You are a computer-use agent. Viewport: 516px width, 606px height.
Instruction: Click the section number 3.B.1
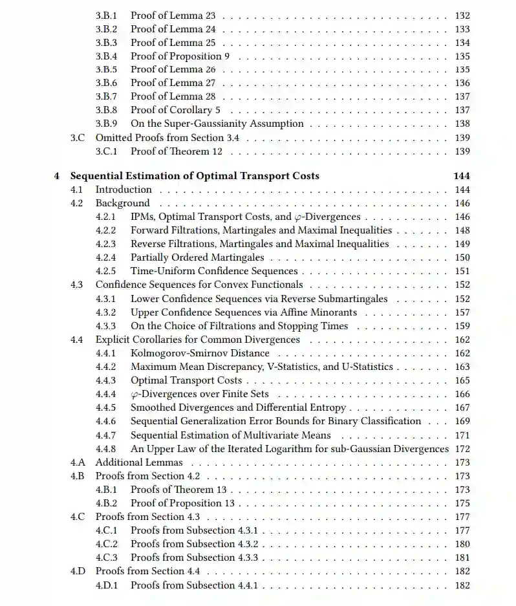click(106, 15)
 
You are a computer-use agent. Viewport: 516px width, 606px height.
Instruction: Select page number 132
click(462, 16)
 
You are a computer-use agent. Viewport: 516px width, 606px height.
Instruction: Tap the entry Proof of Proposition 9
click(180, 56)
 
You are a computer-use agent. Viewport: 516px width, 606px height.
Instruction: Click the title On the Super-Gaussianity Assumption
click(217, 124)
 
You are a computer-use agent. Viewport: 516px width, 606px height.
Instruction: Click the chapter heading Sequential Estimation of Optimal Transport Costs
click(194, 176)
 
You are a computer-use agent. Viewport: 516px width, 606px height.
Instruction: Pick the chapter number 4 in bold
click(57, 176)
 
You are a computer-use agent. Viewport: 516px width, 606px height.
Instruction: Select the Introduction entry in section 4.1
click(124, 189)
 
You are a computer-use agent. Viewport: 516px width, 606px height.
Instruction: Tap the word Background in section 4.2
click(122, 203)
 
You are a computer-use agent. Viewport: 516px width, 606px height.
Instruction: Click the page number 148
click(462, 230)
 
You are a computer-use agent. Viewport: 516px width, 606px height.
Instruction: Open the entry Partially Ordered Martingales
click(197, 257)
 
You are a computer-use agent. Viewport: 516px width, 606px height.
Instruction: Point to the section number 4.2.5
click(106, 271)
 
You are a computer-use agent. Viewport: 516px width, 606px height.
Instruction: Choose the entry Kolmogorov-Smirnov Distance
click(200, 353)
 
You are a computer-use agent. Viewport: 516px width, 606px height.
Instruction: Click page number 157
click(462, 312)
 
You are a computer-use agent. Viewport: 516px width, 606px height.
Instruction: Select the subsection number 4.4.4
click(106, 394)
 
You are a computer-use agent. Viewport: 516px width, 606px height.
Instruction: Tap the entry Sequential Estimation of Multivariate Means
click(230, 435)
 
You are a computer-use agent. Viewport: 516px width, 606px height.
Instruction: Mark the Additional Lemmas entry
click(139, 462)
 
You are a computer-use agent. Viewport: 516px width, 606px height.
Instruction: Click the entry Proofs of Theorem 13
click(178, 490)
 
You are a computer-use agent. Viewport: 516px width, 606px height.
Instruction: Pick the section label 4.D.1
click(107, 585)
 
